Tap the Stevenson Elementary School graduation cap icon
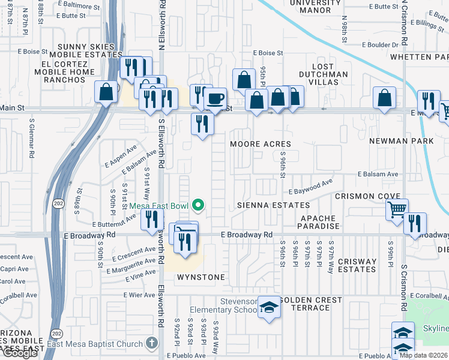[270, 308]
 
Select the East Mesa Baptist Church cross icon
[151, 344]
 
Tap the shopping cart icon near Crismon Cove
[397, 209]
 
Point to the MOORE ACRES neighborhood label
[261, 144]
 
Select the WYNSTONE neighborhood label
[200, 277]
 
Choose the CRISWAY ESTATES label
[357, 265]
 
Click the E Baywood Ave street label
[310, 187]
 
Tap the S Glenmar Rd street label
[32, 137]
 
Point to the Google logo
[20, 353]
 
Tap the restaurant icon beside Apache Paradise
[415, 223]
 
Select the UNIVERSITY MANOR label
[310, 7]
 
